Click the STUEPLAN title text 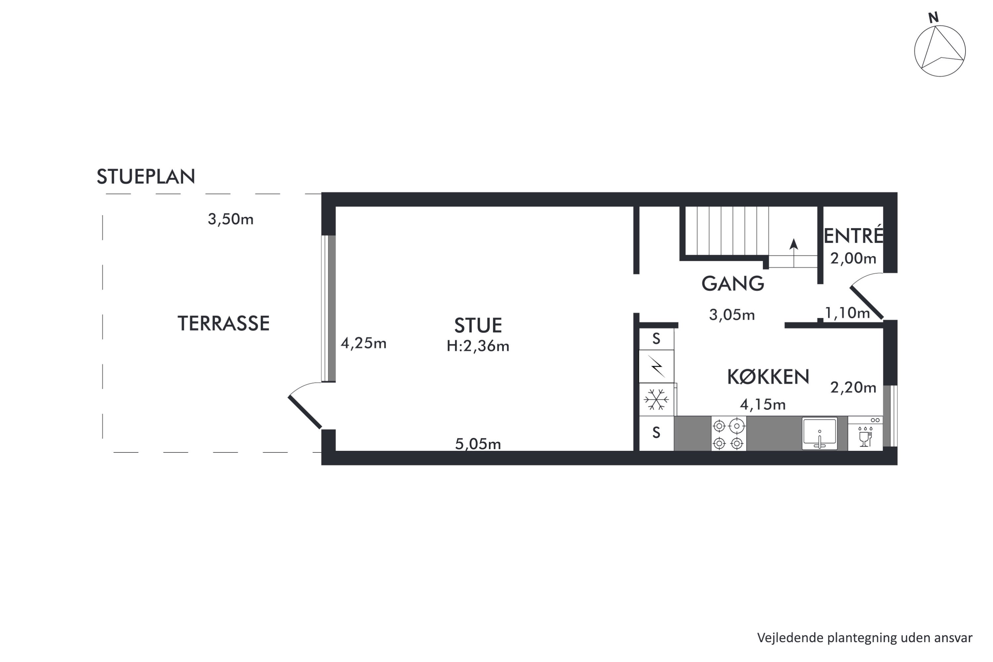146,176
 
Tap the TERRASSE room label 223,323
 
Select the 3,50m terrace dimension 230,219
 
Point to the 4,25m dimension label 363,343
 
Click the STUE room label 478,325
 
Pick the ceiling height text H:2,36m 478,346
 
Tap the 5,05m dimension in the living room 478,444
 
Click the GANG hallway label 733,283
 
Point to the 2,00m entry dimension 853,259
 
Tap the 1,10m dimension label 847,313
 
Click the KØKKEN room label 768,377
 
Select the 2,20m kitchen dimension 853,388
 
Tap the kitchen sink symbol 820,434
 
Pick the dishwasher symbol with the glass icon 866,433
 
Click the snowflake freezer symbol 656,400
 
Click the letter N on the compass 933,18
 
